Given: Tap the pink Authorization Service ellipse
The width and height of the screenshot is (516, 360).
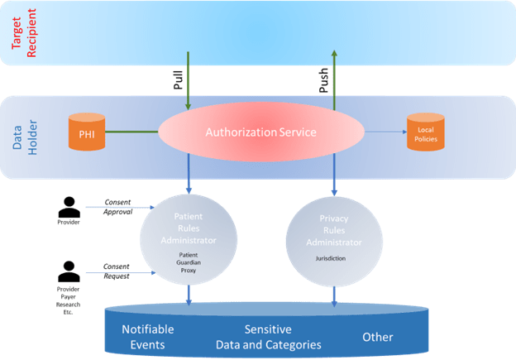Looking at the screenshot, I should [261, 132].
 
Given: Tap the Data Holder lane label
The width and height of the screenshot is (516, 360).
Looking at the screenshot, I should [20, 138].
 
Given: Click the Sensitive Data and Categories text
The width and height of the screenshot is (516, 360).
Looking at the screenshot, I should [268, 337].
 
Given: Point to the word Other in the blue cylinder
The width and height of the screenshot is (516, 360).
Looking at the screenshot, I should [377, 337].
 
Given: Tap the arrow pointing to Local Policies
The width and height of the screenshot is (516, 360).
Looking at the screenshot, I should [385, 132].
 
